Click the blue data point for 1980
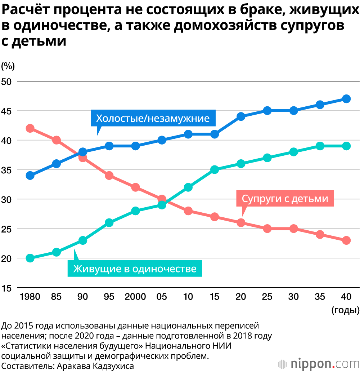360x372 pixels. (30, 176)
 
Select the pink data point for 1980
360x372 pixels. (30, 128)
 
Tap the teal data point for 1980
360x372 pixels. (30, 258)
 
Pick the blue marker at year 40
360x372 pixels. (346, 99)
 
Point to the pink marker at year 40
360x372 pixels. (346, 240)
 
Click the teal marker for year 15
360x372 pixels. (215, 170)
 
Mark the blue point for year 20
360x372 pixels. (241, 116)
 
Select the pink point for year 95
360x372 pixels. (109, 176)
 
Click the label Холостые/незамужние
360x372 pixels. (153, 119)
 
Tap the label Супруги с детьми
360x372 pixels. (285, 199)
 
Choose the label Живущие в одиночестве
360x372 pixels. (135, 269)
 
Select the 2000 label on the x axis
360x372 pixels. (135, 297)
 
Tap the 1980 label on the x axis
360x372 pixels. (30, 297)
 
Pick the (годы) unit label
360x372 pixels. (345, 310)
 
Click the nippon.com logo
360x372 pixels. (318, 362)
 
